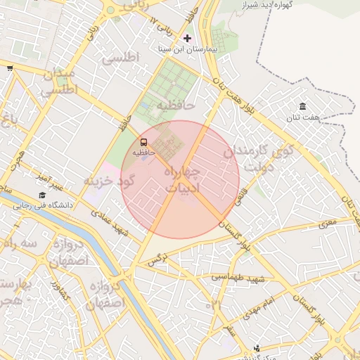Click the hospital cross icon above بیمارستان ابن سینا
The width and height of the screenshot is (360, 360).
[x=186, y=38]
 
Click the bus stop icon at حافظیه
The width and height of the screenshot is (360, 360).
[x=144, y=142]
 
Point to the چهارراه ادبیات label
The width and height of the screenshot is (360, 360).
[x=181, y=179]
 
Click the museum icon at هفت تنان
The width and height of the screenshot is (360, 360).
[x=302, y=106]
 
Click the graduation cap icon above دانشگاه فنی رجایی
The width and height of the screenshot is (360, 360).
[x=42, y=195]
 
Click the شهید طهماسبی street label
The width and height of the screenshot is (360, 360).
[x=239, y=278]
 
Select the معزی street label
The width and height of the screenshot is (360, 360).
[x=328, y=224]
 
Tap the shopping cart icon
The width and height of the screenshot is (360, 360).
[x=10, y=68]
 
